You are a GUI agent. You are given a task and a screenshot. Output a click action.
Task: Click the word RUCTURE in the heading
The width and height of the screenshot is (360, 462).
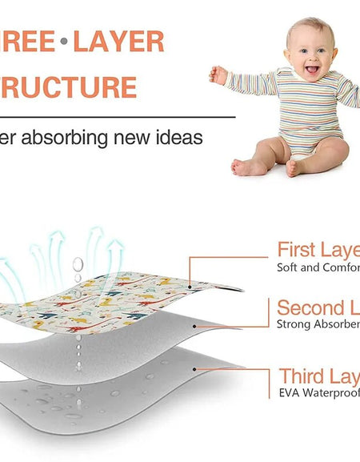68,86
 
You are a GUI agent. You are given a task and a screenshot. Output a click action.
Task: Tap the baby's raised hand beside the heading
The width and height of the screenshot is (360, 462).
218,74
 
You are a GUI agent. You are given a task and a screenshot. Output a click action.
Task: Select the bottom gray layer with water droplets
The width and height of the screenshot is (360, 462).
120,400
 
